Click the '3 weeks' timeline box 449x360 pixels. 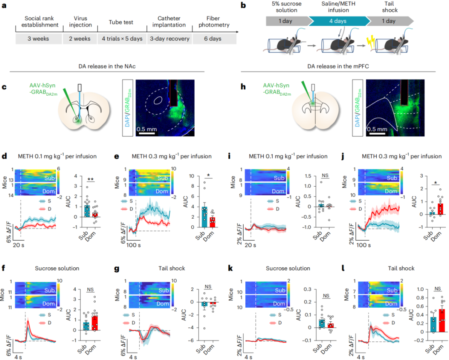point(38,39)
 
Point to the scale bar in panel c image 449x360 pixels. point(147,134)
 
